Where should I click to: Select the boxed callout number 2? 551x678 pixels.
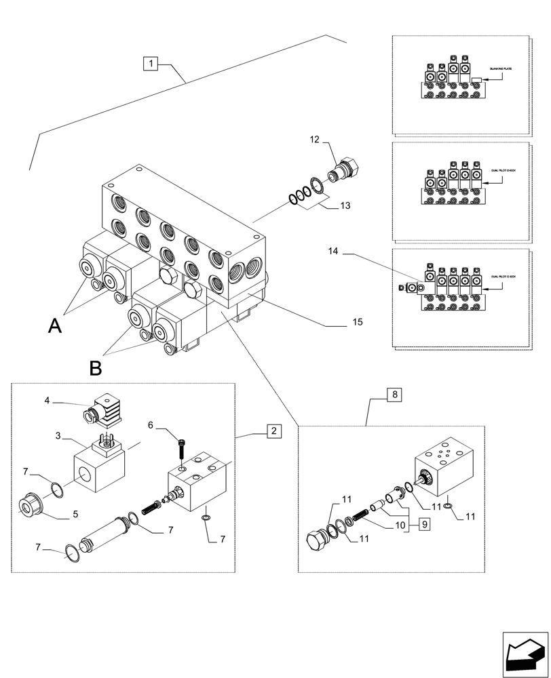point(273,431)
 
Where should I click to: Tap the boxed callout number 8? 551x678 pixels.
point(396,394)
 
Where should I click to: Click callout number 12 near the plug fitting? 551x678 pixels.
point(315,139)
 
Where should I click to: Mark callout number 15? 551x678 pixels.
point(358,322)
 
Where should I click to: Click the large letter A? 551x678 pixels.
point(56,327)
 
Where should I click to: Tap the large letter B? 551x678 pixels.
point(96,368)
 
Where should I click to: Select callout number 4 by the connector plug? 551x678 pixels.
point(47,401)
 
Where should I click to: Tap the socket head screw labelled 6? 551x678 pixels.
point(181,447)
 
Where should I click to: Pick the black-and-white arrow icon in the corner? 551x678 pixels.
point(525,653)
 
